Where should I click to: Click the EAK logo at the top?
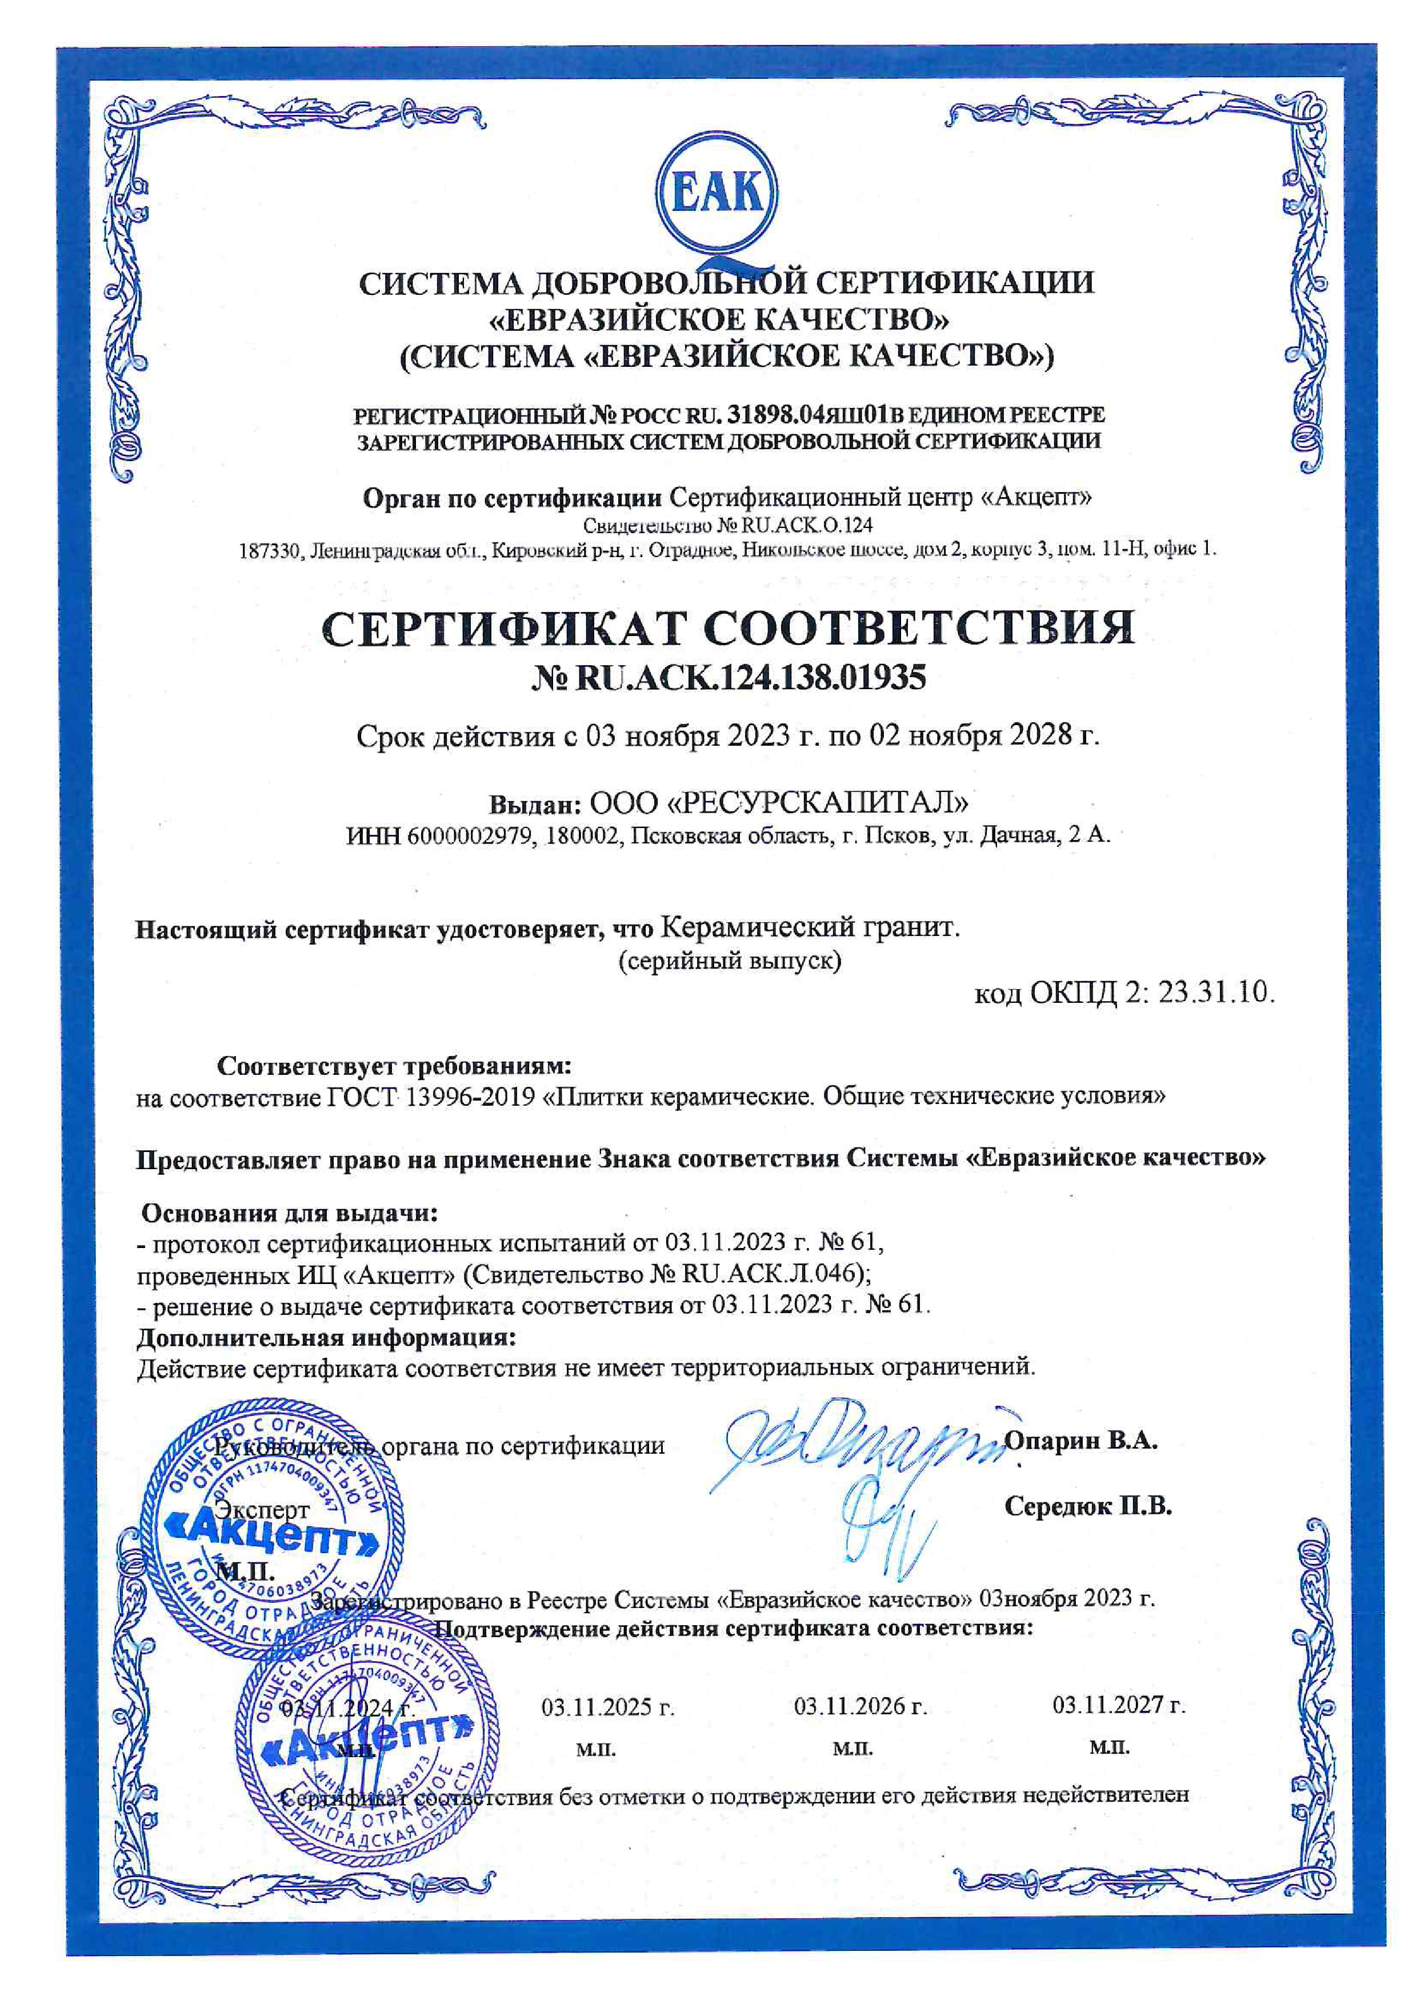(720, 194)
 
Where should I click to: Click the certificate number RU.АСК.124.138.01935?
(750, 678)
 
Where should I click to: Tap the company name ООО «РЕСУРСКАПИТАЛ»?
(780, 801)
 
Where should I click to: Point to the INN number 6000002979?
(470, 835)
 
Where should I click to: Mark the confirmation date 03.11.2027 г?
(1119, 1704)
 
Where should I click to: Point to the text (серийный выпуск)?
(730, 961)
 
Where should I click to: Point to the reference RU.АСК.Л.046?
(770, 1274)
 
